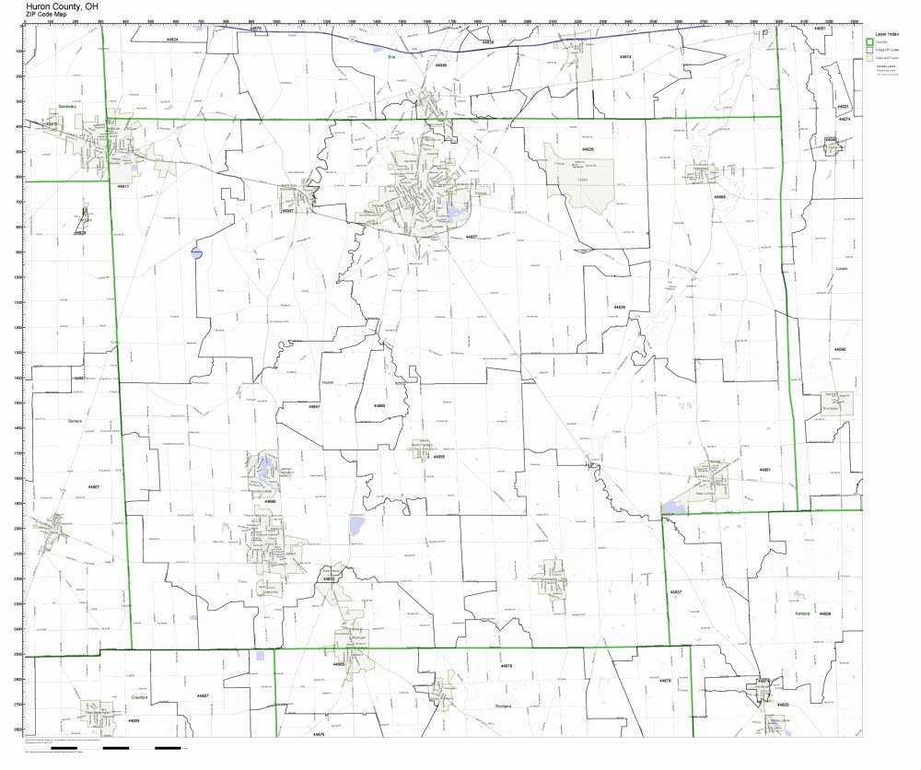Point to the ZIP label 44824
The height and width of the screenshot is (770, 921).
[172, 41]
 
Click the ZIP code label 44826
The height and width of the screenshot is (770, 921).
[588, 149]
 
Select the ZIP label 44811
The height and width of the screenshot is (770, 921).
[123, 187]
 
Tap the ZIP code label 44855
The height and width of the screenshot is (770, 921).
[439, 457]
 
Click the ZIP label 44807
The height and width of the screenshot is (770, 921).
[93, 485]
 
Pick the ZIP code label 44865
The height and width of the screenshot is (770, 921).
[339, 663]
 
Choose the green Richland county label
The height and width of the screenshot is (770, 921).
[503, 707]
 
